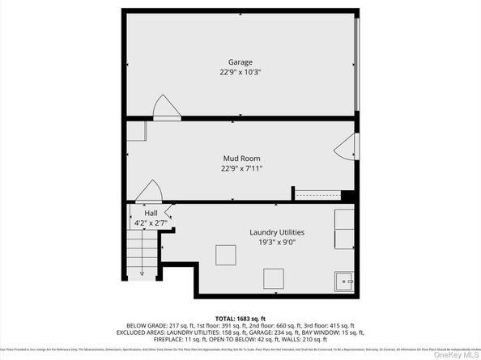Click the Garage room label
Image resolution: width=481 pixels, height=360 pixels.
pos(240,61)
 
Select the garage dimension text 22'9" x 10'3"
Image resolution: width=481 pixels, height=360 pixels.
pos(240,72)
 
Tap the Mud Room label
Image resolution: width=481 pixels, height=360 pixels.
pos(241,158)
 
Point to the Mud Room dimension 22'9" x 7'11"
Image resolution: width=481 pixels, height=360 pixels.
pos(241,168)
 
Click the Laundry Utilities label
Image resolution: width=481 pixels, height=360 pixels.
pos(277,232)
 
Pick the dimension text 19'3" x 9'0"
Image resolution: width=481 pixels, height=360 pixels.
pos(277,243)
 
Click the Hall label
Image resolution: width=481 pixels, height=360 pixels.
pos(140,213)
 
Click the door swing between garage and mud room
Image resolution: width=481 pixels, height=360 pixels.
pos(166,108)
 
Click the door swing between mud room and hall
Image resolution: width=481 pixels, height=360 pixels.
pos(148,192)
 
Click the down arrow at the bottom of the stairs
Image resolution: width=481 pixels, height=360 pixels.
pos(143,272)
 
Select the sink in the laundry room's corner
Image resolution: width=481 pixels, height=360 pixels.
pos(344,281)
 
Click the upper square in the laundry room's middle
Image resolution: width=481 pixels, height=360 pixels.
pos(225,255)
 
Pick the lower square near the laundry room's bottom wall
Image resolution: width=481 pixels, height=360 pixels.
pos(273,279)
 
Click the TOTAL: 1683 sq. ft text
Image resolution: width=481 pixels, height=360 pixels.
pos(240,318)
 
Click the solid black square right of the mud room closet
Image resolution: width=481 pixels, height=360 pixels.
pos(347,195)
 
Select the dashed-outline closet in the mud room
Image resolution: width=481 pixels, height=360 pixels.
pos(316,194)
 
